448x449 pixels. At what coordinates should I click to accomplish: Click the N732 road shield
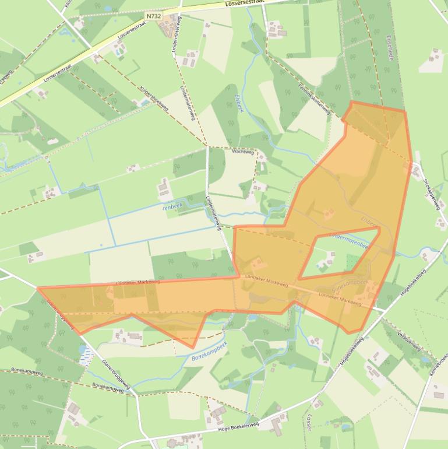154,16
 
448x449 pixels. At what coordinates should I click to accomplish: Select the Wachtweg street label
244,152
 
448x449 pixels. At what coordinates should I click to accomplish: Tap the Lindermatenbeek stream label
350,241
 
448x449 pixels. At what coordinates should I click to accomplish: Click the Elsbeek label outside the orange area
239,103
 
